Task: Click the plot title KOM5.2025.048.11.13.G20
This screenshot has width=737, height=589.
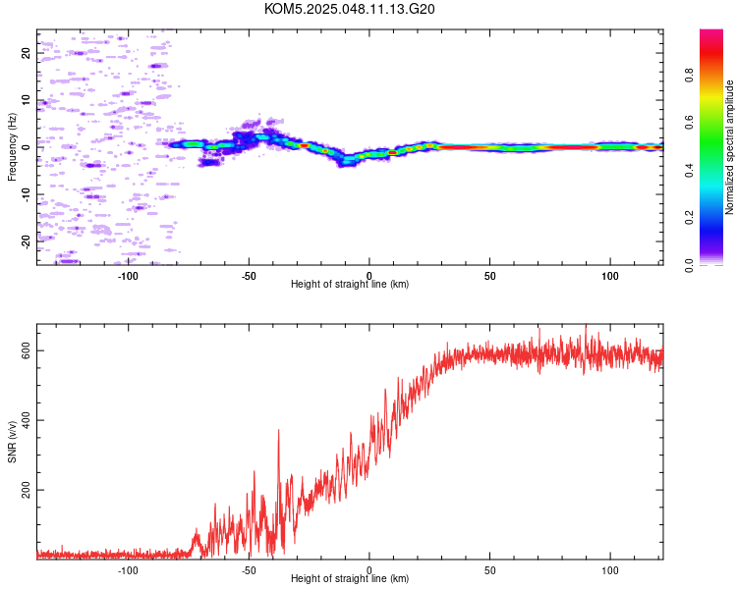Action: coord(349,9)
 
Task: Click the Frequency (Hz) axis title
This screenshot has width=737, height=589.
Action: coord(12,147)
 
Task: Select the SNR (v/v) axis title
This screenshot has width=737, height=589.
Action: coord(12,442)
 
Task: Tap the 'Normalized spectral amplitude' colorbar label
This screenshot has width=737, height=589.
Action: coord(729,147)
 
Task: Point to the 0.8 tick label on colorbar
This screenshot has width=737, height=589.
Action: coord(689,76)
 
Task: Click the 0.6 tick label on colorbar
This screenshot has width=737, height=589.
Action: coord(689,123)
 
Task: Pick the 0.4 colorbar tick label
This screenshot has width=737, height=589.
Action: coord(689,170)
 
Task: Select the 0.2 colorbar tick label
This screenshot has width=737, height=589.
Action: coord(689,218)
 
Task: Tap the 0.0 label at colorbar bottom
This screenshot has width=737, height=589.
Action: coord(689,265)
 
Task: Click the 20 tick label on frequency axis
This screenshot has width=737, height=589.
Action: coord(26,53)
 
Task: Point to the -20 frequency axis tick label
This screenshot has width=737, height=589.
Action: coord(26,242)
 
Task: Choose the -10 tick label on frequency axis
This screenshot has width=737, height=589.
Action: coord(26,195)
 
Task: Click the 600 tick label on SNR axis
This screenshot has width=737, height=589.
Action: coord(26,350)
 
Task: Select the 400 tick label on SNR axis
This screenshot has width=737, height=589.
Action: coord(26,420)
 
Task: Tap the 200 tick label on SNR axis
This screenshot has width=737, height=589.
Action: coord(26,490)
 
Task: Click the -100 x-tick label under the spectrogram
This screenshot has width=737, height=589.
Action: coord(128,276)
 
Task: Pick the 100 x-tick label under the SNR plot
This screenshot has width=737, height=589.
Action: coord(610,570)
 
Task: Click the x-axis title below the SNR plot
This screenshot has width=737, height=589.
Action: coord(350,578)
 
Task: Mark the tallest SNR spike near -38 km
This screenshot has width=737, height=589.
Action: coord(278,430)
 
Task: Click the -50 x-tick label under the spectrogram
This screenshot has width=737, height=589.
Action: coord(249,276)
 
